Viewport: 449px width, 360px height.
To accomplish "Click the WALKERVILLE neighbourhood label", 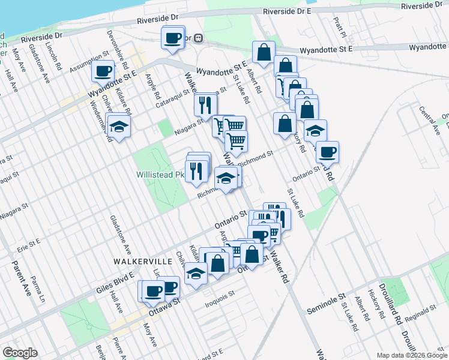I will tap(142, 262).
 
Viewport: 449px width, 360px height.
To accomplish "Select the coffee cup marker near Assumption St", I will tap(103, 71).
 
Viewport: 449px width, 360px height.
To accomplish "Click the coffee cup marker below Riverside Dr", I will tap(173, 38).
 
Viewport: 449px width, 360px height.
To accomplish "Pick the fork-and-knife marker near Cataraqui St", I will tap(205, 105).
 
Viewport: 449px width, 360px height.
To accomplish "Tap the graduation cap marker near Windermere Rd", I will tap(119, 126).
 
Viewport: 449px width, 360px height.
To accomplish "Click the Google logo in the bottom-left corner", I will tap(20, 353).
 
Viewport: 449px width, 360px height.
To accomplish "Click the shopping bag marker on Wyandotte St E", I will tap(264, 53).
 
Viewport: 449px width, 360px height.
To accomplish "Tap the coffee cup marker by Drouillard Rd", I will tap(328, 152).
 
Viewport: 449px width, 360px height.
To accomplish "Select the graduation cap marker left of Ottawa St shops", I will tap(196, 274).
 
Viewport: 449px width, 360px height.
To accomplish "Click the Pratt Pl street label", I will tap(340, 25).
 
